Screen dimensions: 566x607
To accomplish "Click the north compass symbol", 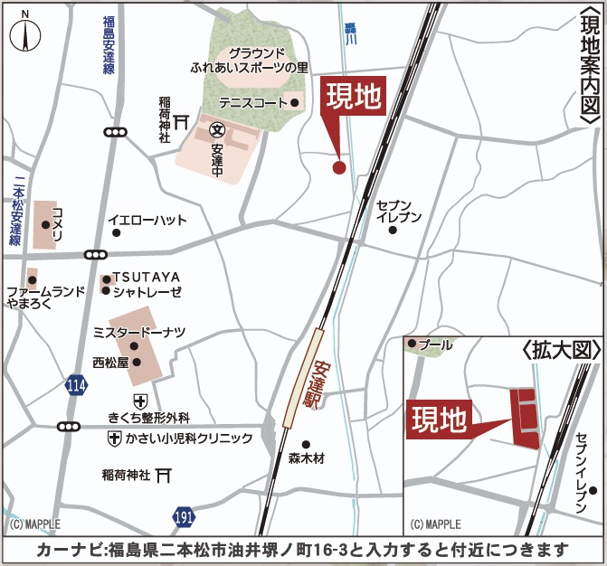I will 25,33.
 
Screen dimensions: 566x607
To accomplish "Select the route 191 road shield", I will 185,516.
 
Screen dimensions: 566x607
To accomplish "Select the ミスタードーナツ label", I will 139,333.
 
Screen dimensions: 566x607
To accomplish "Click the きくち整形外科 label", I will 148,417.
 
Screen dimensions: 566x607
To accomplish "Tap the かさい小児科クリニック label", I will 189,439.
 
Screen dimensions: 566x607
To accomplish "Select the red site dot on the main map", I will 339,166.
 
